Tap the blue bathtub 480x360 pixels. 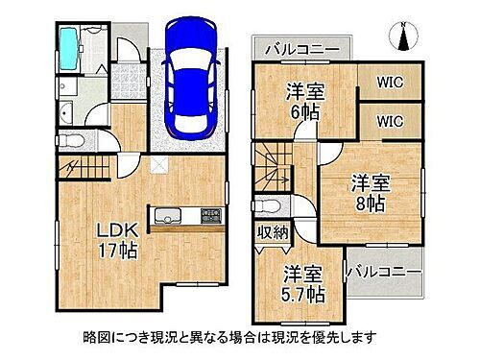[68, 43]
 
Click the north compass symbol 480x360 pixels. [404, 36]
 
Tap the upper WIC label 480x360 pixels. [390, 83]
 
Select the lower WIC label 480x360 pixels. [390, 121]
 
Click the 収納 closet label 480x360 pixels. [273, 231]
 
